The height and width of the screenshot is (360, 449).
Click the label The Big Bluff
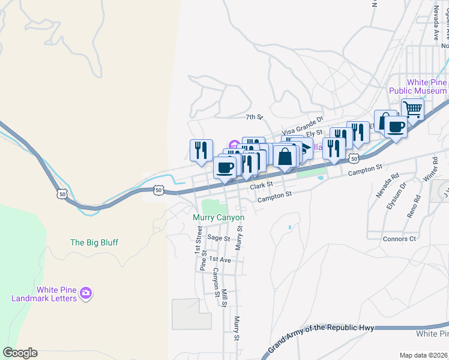[94, 242]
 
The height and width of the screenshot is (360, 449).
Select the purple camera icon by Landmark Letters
[86, 293]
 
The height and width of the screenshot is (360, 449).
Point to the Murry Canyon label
[218, 217]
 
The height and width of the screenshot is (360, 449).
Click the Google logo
[20, 353]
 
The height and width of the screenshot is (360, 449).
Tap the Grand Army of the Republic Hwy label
[321, 337]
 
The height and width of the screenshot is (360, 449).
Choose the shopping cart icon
[412, 110]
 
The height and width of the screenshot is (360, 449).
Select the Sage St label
[218, 238]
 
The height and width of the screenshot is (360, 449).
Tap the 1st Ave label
[220, 260]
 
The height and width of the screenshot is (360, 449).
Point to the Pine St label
[203, 262]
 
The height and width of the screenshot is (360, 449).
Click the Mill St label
[224, 298]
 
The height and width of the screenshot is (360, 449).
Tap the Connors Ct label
[399, 239]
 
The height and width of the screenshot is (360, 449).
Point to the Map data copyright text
[423, 355]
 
